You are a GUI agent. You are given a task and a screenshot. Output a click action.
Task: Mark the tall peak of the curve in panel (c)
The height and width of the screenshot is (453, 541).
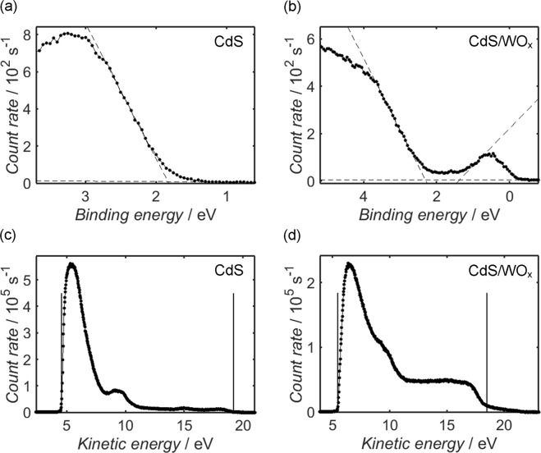click(71, 265)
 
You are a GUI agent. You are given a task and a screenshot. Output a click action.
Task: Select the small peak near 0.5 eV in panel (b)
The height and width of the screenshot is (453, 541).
click(489, 153)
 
